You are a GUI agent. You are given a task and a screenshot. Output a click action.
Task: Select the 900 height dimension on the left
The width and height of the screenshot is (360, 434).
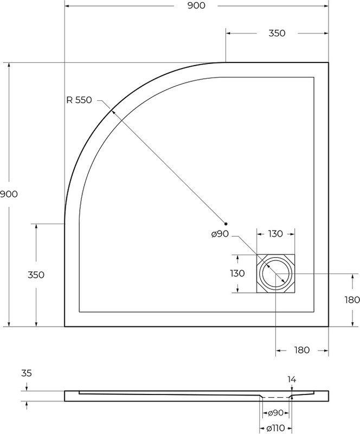tap(9, 194)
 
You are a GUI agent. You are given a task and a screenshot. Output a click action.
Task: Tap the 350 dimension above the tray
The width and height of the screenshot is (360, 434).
tap(277, 33)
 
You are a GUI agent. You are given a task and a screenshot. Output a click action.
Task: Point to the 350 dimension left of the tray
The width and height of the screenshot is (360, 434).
tap(36, 275)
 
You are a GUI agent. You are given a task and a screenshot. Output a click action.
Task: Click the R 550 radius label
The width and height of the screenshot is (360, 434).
tap(79, 100)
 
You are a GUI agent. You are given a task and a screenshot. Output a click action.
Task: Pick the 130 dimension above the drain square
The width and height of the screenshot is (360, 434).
tap(275, 234)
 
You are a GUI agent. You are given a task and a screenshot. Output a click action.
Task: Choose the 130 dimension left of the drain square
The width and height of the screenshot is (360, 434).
tap(237, 273)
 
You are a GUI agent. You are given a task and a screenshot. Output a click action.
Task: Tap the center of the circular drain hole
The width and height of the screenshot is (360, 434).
tap(276, 274)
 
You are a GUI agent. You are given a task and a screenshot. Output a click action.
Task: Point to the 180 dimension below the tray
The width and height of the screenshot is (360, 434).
tap(302, 350)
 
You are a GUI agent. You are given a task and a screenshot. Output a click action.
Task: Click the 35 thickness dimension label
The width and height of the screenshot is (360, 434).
tap(25, 373)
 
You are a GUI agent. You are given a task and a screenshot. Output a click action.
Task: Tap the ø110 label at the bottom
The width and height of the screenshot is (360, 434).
tap(276, 429)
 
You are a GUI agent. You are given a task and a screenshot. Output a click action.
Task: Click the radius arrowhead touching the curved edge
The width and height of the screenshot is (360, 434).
tap(111, 111)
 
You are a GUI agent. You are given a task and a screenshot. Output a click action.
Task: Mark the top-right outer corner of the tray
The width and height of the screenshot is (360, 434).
tap(329, 63)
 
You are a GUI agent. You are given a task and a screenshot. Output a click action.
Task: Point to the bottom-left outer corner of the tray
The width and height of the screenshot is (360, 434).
tap(65, 327)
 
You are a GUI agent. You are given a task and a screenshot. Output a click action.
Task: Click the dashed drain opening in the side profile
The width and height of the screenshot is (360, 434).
tap(276, 397)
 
